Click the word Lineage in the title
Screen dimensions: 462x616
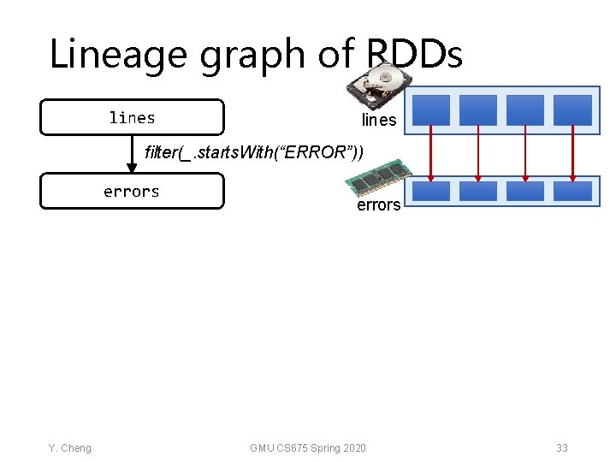tap(119, 54)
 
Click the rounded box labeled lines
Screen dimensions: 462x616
tap(132, 117)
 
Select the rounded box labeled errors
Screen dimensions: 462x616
tap(132, 191)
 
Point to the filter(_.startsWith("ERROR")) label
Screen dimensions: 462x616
tap(254, 153)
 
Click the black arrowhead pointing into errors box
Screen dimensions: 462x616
tap(132, 167)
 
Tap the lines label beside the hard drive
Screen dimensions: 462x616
tap(379, 121)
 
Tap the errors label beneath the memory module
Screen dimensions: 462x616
tap(378, 205)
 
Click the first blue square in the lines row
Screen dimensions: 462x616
tap(431, 110)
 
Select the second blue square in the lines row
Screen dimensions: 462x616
tap(477, 110)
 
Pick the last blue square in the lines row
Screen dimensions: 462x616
tap(572, 110)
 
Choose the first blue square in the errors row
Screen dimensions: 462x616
tap(431, 191)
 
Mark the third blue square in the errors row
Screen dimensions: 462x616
tap(525, 191)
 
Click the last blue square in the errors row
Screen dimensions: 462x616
tap(572, 191)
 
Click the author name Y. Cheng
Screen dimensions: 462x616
tap(69, 448)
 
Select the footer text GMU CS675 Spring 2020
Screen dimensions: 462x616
tap(308, 448)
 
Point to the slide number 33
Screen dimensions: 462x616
tap(561, 448)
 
